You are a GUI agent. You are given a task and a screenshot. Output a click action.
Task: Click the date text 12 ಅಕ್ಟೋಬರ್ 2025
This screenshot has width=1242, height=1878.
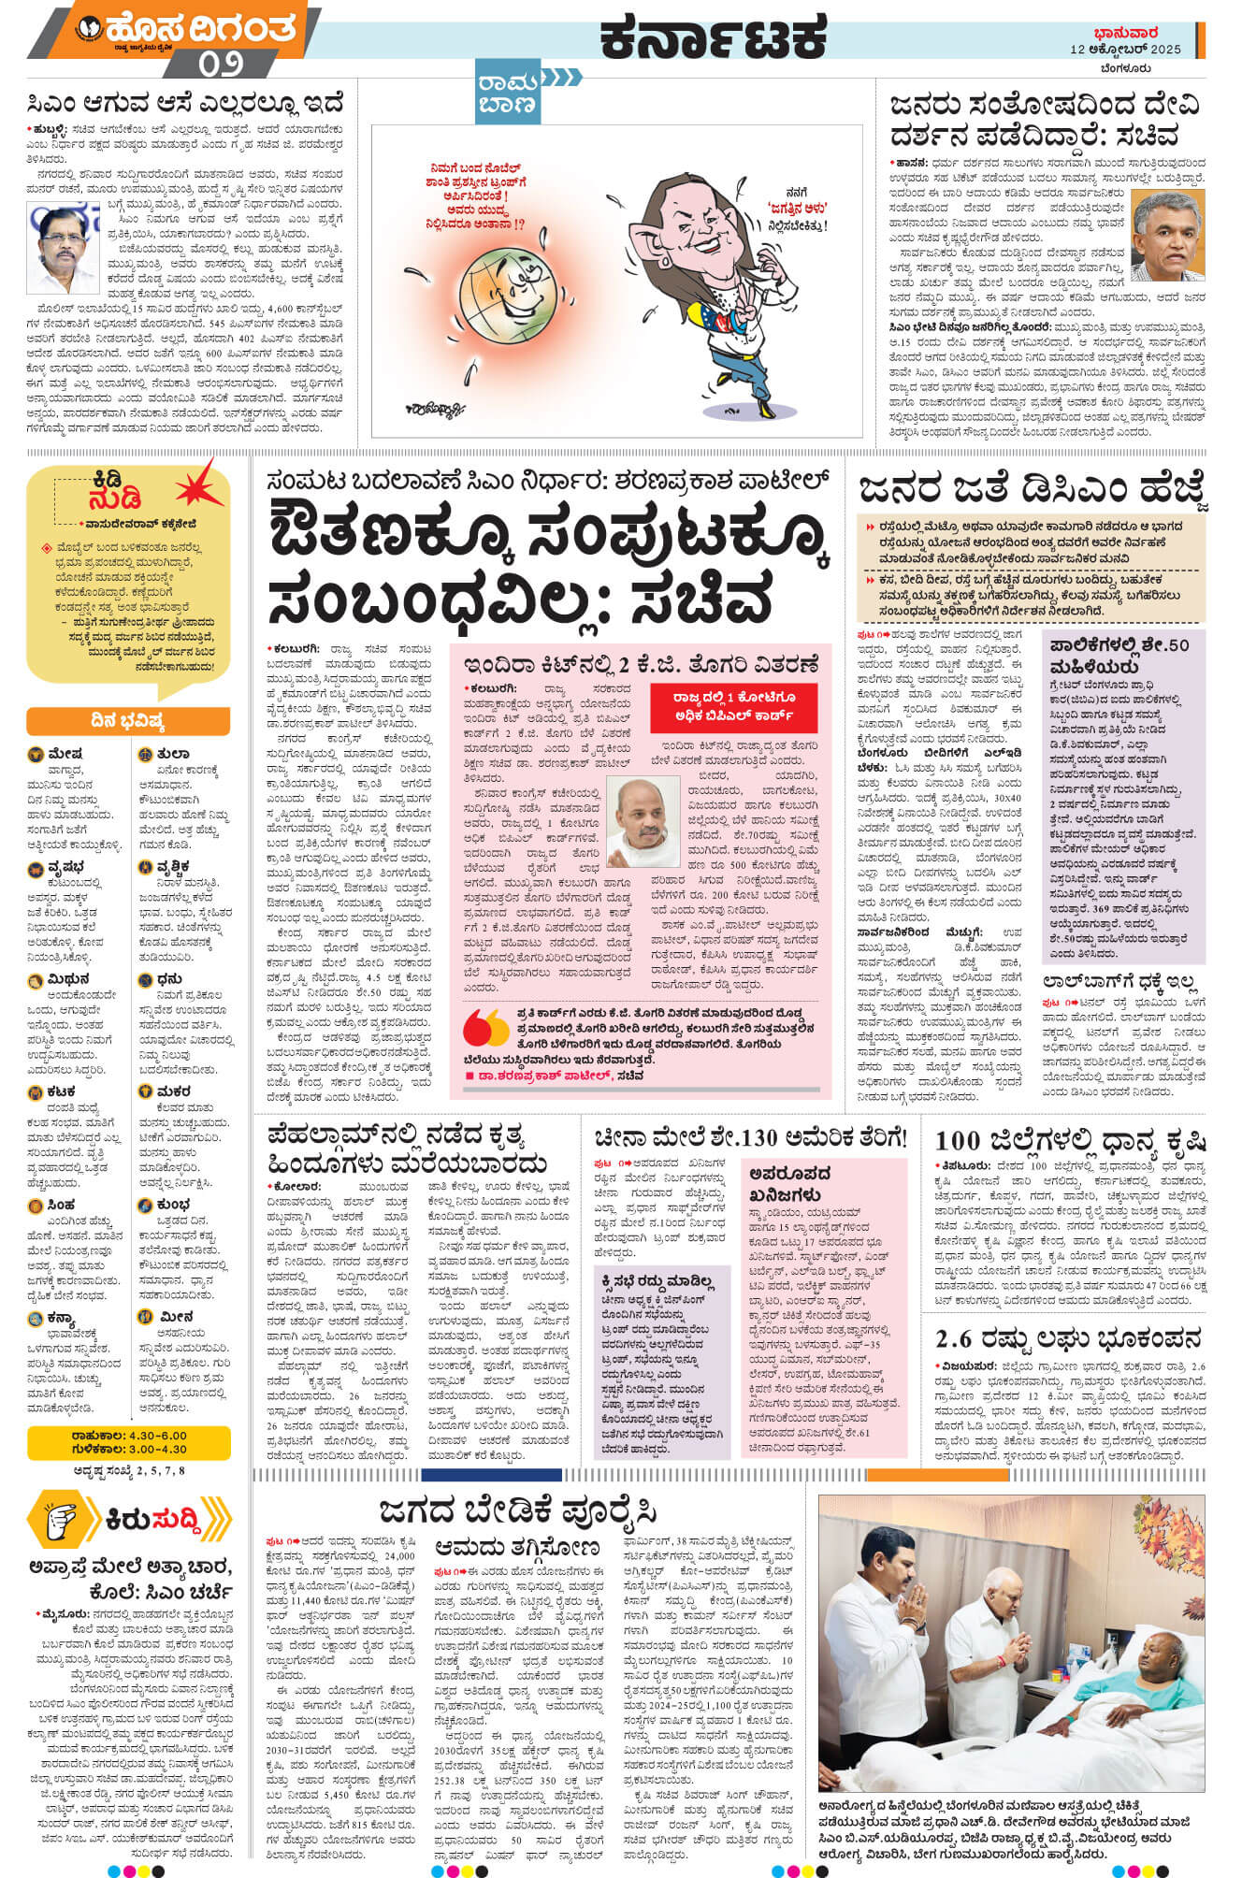click(x=1126, y=50)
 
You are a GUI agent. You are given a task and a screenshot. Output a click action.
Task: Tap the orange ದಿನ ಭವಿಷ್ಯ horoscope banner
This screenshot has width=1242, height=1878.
click(x=128, y=720)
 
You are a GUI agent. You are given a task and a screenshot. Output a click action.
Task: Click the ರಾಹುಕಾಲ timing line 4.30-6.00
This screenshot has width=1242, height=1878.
click(x=128, y=1435)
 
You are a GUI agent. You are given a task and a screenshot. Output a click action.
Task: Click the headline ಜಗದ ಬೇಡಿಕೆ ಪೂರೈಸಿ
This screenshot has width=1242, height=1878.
click(x=518, y=1511)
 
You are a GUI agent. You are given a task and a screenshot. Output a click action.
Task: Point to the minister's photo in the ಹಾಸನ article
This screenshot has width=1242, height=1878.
click(x=1167, y=237)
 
